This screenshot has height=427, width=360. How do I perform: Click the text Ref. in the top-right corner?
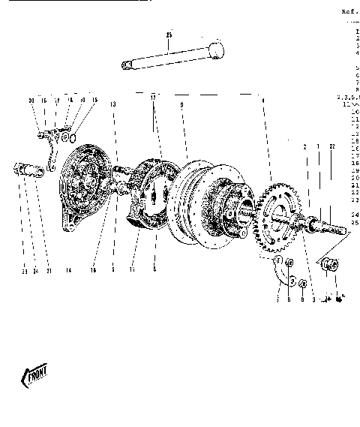pyautogui.click(x=350, y=12)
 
